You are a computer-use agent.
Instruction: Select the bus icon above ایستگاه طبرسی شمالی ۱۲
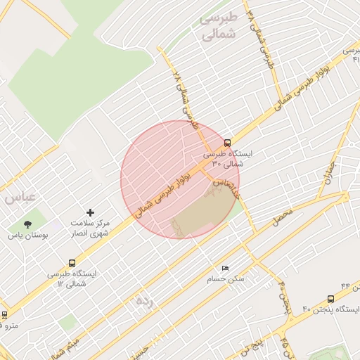(x=72, y=263)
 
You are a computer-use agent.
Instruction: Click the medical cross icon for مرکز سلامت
(x=90, y=212)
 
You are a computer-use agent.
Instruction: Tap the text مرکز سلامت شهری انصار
(x=90, y=227)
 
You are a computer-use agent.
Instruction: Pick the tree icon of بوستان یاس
(x=28, y=225)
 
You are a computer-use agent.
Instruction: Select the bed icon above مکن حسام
(x=225, y=268)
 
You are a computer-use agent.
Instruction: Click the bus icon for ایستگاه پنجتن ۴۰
(x=330, y=300)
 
